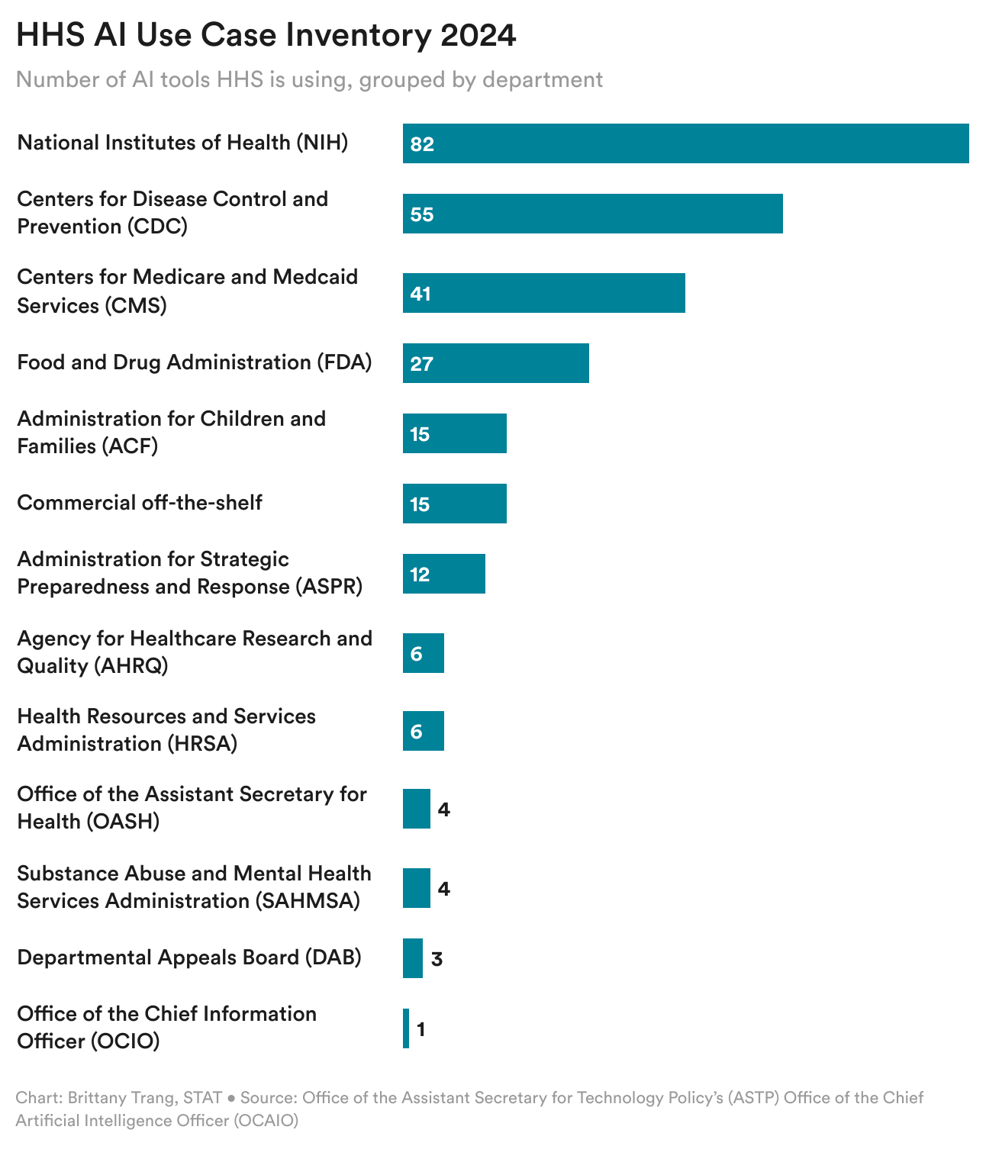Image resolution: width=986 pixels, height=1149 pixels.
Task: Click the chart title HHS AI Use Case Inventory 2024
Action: pos(266,36)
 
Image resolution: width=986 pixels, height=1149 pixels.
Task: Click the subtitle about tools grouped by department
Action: pos(309,79)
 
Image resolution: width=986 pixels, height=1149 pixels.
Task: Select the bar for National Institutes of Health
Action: pos(685,143)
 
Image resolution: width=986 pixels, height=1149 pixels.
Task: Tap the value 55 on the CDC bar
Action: pos(421,214)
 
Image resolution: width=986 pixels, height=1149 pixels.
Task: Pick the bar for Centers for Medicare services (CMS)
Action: pos(543,293)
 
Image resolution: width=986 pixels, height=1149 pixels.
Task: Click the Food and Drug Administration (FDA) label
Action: pos(194,362)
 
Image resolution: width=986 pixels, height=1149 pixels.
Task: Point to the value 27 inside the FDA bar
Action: pos(421,364)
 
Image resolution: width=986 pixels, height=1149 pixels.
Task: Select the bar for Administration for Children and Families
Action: pos(454,433)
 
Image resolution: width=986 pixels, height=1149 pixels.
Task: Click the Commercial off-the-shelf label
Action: pos(140,503)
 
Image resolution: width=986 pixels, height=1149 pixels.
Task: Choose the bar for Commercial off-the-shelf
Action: pos(454,504)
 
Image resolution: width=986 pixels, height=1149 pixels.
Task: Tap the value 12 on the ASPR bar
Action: pos(420,574)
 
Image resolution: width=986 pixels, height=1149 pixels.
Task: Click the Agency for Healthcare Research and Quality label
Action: pos(194,652)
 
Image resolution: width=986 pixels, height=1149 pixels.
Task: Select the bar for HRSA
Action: pos(423,731)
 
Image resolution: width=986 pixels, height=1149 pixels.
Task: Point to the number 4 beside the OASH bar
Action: pos(443,809)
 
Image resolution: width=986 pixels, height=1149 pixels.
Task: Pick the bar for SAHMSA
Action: pos(416,888)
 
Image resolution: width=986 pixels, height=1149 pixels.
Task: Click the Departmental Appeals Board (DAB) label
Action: pos(188,957)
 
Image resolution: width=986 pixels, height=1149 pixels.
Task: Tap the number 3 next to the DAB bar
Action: pos(437,959)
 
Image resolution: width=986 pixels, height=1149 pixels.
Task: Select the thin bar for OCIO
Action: pos(406,1028)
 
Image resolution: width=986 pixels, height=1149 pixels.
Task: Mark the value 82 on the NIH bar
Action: pos(421,144)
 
